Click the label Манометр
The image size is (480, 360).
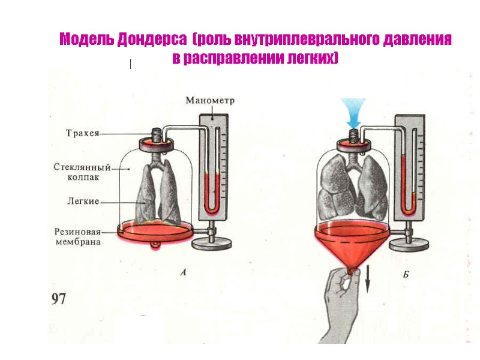(210, 100)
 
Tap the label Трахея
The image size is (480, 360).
(82, 133)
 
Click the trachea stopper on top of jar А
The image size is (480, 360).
(157, 143)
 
